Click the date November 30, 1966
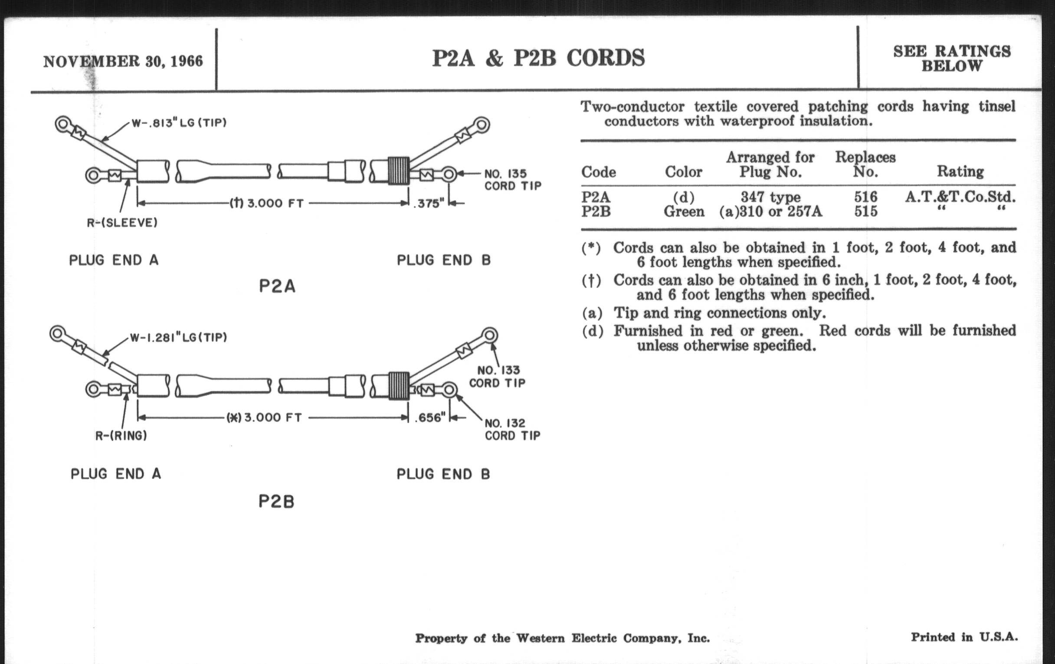[123, 61]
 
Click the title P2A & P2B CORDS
[538, 58]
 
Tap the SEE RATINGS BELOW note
[952, 59]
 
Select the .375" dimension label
[429, 204]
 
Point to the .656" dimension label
[430, 417]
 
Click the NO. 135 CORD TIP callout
[513, 180]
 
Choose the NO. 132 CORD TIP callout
[512, 430]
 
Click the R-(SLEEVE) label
[122, 223]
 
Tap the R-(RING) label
[121, 436]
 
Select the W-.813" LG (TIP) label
[179, 123]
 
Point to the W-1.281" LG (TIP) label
[178, 338]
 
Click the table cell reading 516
[865, 197]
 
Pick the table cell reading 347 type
[770, 197]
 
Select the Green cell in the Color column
[684, 212]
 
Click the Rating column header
[960, 171]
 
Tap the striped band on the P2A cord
[399, 171]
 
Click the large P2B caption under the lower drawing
[276, 501]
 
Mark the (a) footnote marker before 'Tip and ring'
[592, 313]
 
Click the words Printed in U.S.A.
[964, 637]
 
